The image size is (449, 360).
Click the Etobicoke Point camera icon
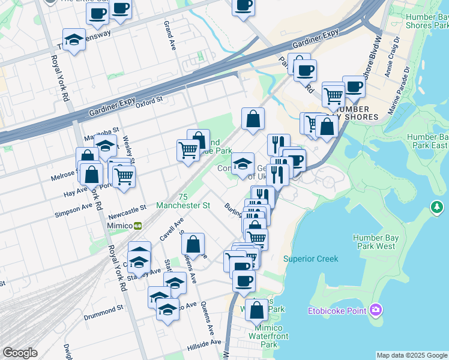pyautogui.click(x=376, y=309)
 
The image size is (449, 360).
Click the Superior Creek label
pyautogui.click(x=310, y=259)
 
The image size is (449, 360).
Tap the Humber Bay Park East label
pyautogui.click(x=427, y=141)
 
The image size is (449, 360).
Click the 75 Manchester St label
pyautogui.click(x=182, y=201)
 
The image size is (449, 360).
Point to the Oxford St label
pyautogui.click(x=149, y=103)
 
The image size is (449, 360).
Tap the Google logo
pyautogui.click(x=20, y=353)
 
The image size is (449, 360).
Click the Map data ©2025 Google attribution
pyautogui.click(x=412, y=355)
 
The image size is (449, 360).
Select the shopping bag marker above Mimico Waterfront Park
pyautogui.click(x=256, y=310)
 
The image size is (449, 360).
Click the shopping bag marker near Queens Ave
pyautogui.click(x=193, y=245)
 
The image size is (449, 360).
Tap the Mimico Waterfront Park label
pyautogui.click(x=269, y=336)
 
